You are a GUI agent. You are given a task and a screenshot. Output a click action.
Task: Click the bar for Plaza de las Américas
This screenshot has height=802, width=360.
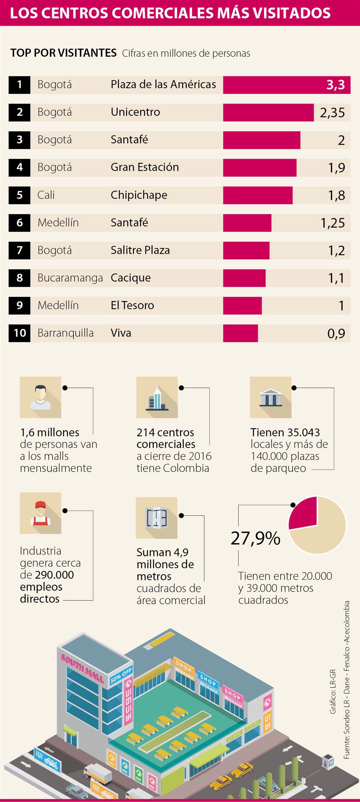pyautogui.click(x=274, y=85)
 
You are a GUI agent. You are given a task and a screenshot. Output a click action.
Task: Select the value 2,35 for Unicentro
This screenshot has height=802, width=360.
pyautogui.click(x=332, y=113)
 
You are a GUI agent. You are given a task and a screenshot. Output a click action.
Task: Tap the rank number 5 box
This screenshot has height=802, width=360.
pyautogui.click(x=20, y=195)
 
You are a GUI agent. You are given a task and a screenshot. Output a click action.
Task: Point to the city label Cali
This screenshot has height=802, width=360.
pyautogui.click(x=46, y=195)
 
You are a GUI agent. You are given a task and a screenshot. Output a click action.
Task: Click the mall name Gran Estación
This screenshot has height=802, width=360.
pyautogui.click(x=145, y=167)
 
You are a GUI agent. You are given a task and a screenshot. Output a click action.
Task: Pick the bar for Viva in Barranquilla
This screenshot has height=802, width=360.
pyautogui.click(x=241, y=333)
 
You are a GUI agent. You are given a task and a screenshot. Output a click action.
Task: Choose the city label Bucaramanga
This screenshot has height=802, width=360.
pyautogui.click(x=70, y=278)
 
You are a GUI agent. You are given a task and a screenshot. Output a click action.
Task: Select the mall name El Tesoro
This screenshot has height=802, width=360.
pyautogui.click(x=132, y=305)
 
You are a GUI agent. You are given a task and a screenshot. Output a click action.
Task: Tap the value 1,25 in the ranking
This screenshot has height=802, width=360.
pyautogui.click(x=332, y=223)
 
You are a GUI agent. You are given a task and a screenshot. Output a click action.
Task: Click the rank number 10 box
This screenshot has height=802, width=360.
pyautogui.click(x=20, y=333)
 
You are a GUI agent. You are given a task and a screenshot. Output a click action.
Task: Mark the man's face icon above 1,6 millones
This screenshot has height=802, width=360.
pyautogui.click(x=40, y=397)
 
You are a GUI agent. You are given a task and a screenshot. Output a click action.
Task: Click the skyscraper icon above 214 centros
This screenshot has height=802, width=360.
pyautogui.click(x=157, y=397)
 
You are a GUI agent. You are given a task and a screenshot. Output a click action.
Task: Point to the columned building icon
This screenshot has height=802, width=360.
pyautogui.click(x=271, y=397)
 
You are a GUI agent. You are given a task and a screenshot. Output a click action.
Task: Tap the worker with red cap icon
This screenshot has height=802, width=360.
pyautogui.click(x=40, y=513)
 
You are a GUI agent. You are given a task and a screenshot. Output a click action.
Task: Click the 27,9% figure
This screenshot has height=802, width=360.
pyautogui.click(x=255, y=538)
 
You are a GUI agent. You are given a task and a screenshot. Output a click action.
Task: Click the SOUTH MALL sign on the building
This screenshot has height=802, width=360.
pyautogui.click(x=82, y=667)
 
